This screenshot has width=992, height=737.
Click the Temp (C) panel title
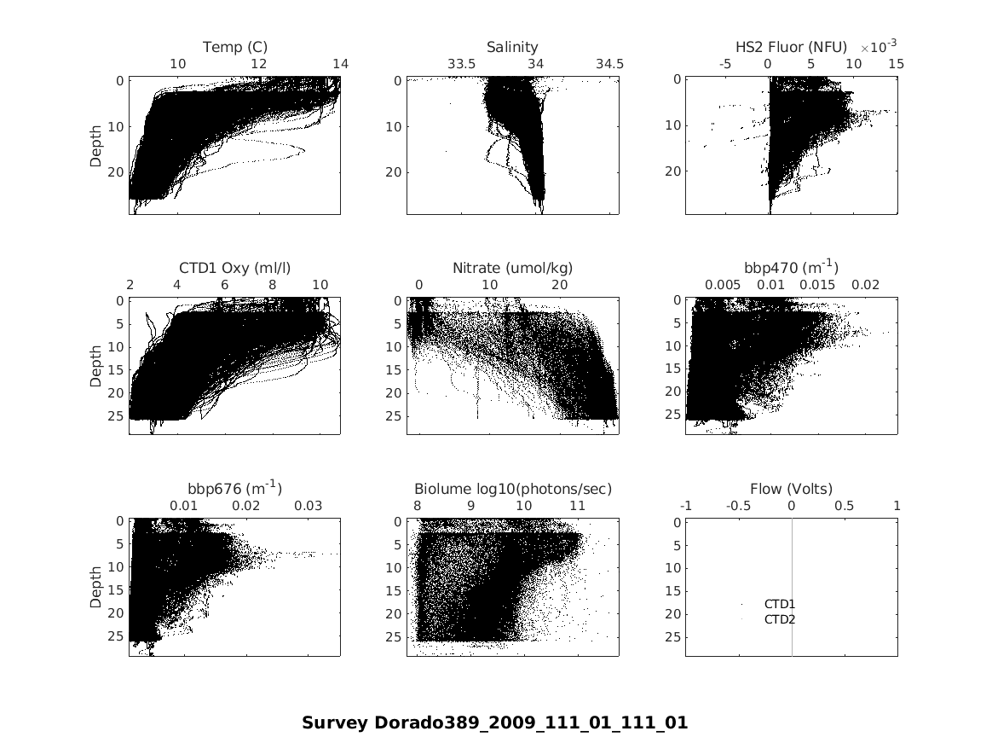coord(234,47)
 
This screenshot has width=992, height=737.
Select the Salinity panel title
coord(512,47)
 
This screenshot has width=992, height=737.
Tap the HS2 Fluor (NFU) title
coord(791,47)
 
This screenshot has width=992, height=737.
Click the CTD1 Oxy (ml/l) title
coord(234,268)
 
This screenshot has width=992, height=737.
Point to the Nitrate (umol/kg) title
coord(512,268)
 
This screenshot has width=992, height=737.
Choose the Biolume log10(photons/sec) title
coord(513,489)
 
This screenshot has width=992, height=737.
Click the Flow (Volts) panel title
coord(791,489)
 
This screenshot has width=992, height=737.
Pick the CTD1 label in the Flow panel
coord(779,604)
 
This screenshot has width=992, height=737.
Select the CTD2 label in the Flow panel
coord(779,619)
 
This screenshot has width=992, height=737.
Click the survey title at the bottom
coord(494,723)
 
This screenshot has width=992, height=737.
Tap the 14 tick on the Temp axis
coord(340,64)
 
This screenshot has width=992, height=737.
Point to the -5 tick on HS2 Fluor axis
coord(726,64)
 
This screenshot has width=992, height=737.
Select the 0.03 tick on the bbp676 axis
coord(309,506)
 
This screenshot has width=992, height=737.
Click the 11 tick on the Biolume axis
coord(577,506)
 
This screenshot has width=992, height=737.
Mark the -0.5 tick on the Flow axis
coord(738,506)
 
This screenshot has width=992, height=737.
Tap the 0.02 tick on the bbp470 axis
coord(866,285)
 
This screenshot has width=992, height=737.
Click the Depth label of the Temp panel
coord(95,146)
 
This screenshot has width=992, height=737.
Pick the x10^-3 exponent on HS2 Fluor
coord(878,45)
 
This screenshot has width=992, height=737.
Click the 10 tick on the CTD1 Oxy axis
coord(320,285)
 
